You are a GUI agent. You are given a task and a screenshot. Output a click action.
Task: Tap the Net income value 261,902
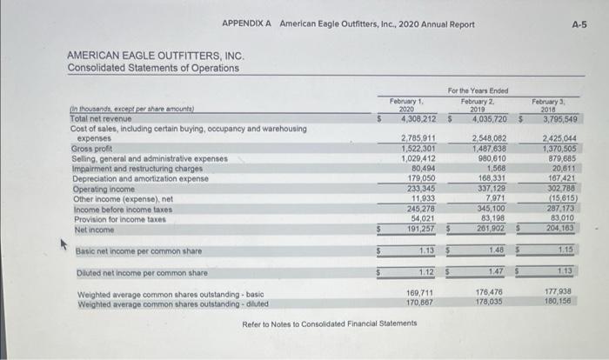pyautogui.click(x=490, y=229)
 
